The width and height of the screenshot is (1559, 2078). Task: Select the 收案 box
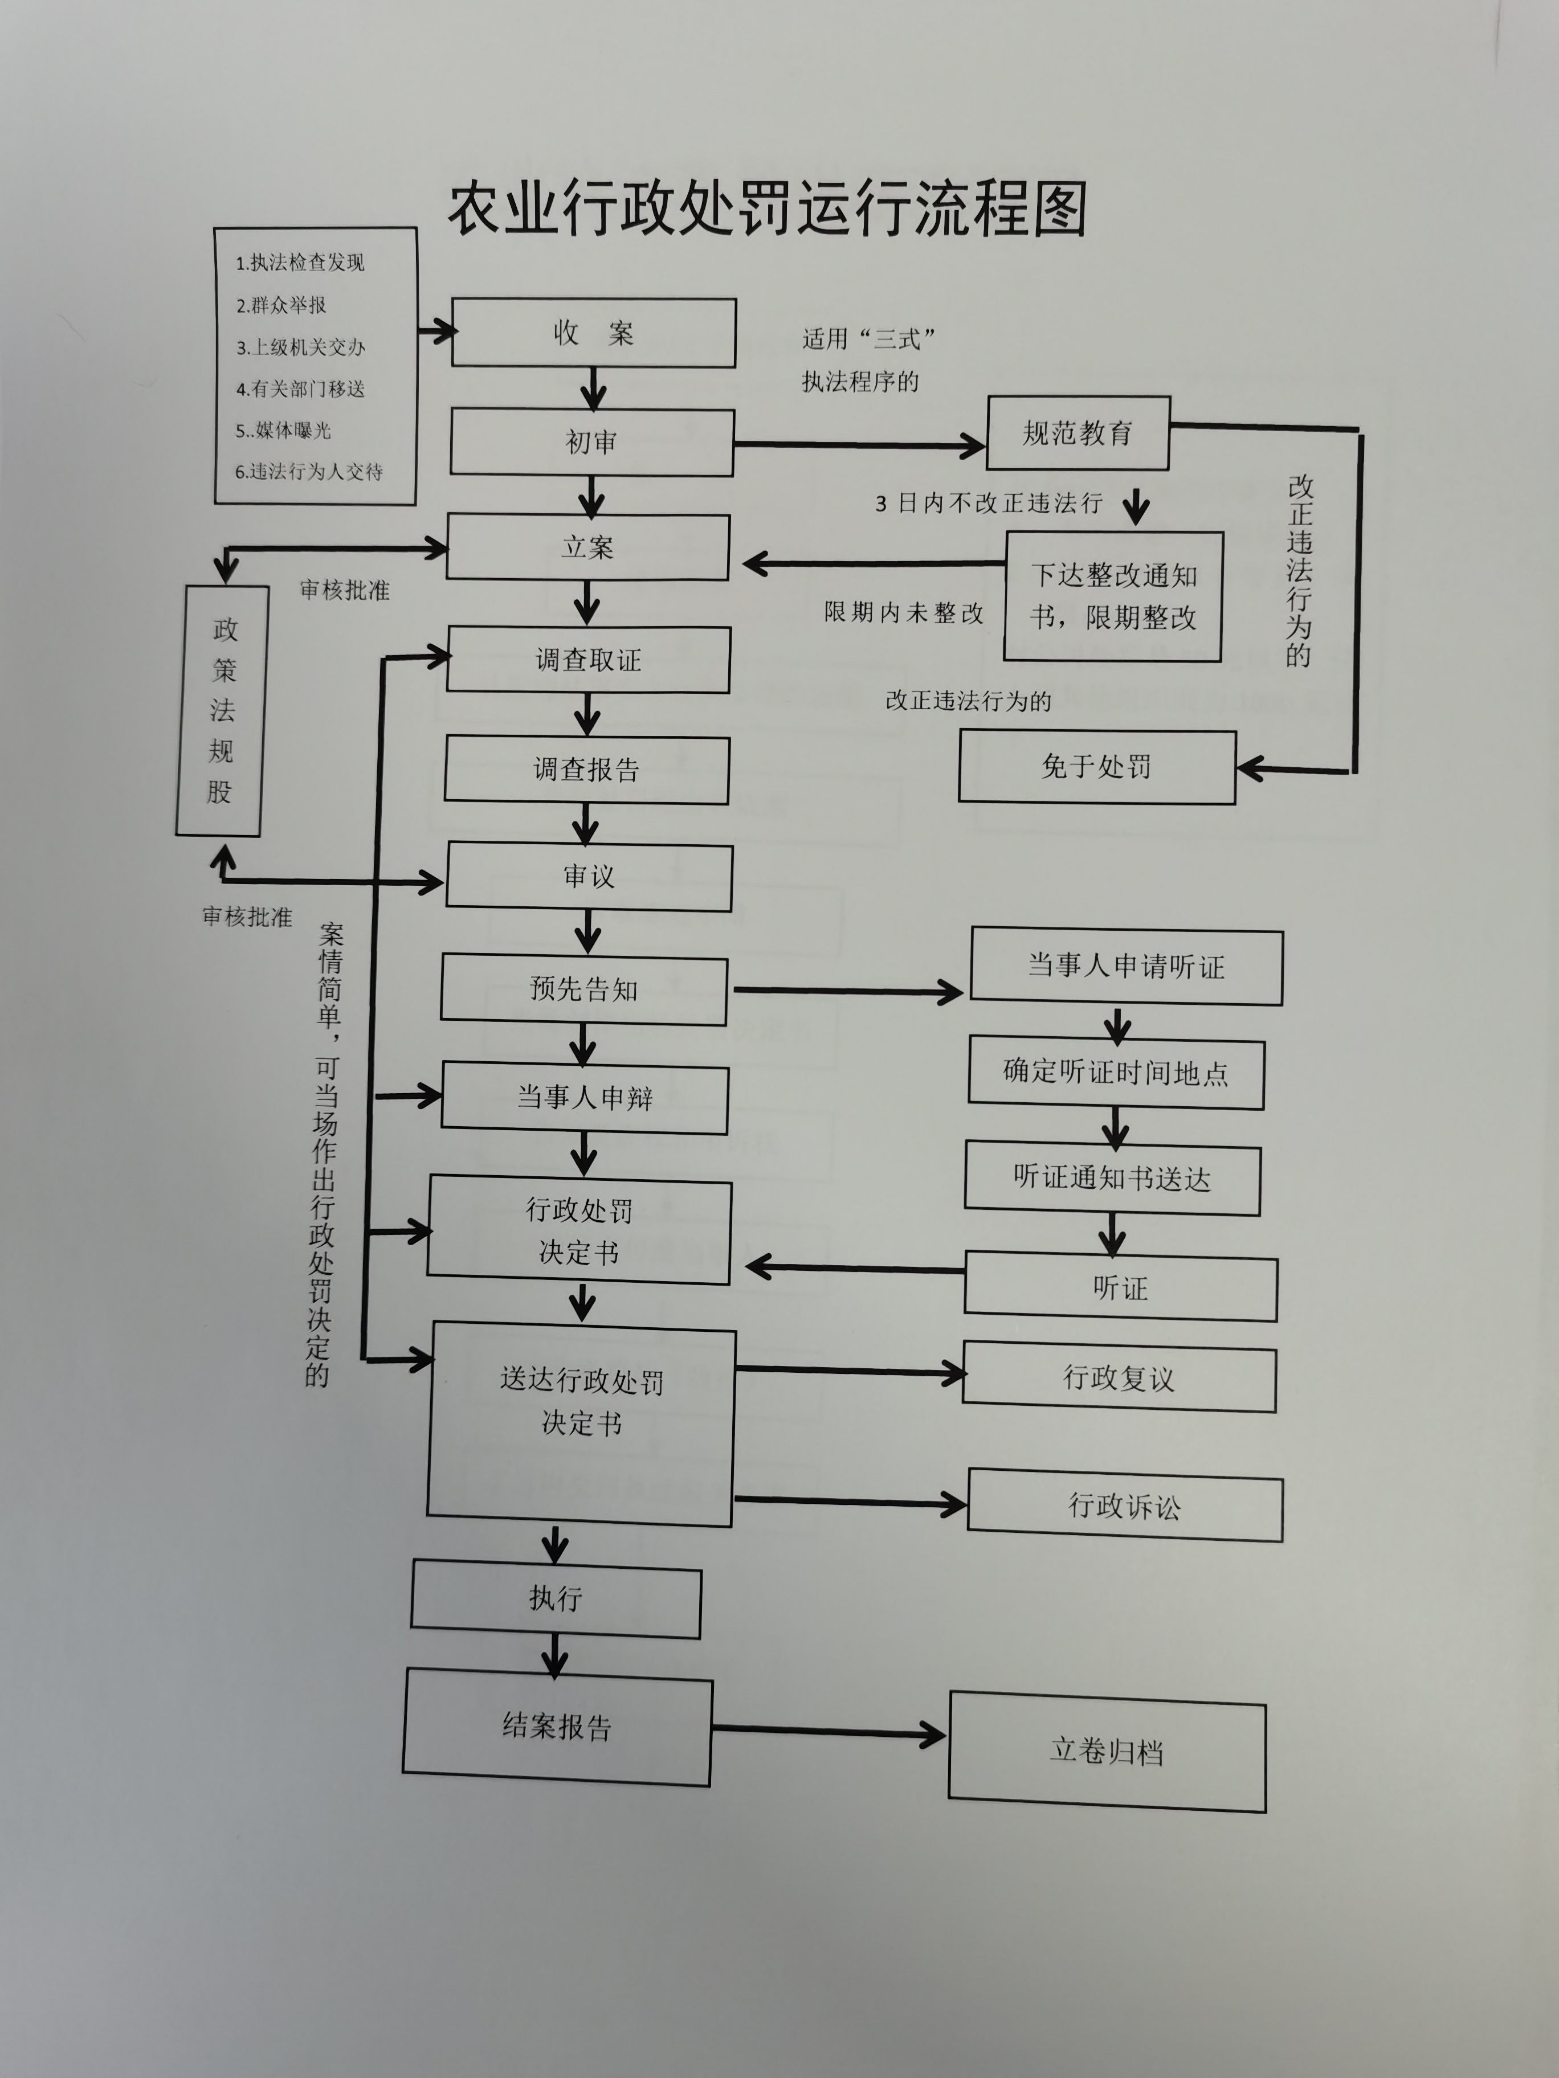(594, 333)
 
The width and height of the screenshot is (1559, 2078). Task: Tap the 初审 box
(592, 441)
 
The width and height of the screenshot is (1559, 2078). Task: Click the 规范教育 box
(1078, 433)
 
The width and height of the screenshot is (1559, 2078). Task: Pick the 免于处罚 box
(1097, 767)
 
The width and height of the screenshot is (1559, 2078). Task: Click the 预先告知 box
(583, 989)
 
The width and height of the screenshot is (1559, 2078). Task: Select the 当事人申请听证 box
(1127, 967)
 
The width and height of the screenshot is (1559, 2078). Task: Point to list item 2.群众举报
(281, 305)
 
